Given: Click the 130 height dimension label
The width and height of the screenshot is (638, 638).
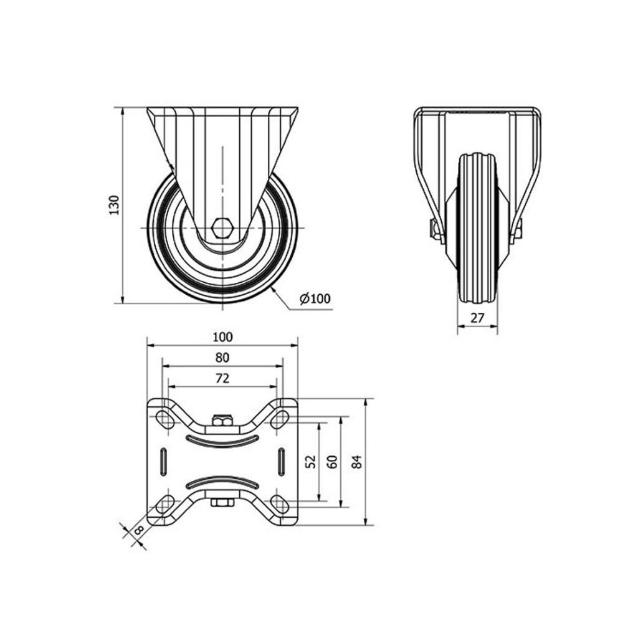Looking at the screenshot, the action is click(115, 205).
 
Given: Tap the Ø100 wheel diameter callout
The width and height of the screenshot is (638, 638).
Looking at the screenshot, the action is click(315, 298).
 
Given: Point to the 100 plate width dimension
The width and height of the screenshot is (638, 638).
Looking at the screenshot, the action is click(222, 337).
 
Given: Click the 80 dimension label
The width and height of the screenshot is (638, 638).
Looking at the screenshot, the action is click(222, 358).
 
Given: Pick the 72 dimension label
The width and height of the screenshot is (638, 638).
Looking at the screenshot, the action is click(222, 378).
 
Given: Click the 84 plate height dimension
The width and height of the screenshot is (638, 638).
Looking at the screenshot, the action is click(356, 462).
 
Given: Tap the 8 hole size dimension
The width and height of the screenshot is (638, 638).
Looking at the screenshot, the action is click(138, 530).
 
